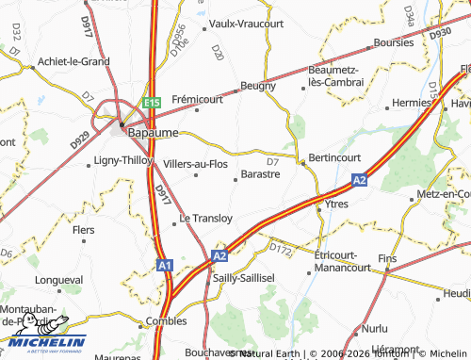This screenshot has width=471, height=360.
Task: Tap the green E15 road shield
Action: click(x=153, y=101)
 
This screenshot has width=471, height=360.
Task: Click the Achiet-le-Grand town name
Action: click(x=73, y=61)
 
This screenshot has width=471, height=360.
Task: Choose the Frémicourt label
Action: click(x=197, y=98)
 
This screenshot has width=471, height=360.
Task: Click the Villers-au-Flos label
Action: click(x=195, y=163)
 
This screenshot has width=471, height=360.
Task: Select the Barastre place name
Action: click(x=260, y=174)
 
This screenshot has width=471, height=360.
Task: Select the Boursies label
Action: click(x=393, y=42)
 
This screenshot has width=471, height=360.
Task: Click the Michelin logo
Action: click(x=42, y=342)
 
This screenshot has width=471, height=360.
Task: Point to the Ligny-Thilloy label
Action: click(x=122, y=161)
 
